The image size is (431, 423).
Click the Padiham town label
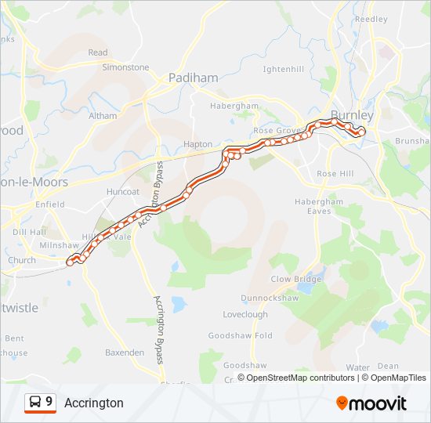point(189,78)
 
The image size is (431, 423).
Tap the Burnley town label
point(352,115)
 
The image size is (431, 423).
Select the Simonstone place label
point(125,67)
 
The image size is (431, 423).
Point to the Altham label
point(103,116)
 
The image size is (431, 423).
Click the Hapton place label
point(197,144)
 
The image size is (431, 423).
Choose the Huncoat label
point(121,190)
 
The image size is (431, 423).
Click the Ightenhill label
point(283,69)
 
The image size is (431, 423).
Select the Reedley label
point(371,19)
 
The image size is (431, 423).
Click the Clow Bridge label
point(296,279)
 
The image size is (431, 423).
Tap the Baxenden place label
point(125,352)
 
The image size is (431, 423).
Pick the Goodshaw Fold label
point(240,335)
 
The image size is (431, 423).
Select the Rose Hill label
point(335,173)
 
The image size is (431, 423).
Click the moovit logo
point(371,403)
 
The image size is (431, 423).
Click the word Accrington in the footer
point(94,403)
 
